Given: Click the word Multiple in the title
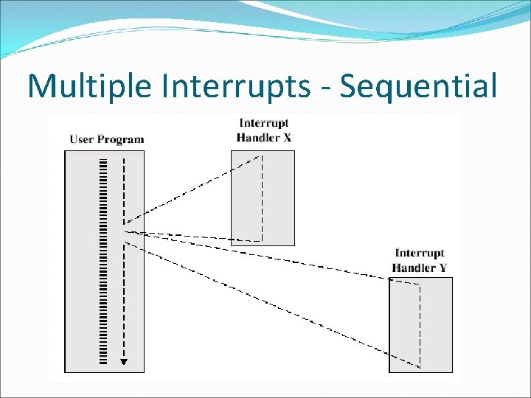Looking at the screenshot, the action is pyautogui.click(x=80, y=86).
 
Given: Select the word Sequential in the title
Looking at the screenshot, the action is pyautogui.click(x=420, y=86).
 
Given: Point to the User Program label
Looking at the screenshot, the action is pyautogui.click(x=107, y=139).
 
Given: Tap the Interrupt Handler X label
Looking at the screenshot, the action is pyautogui.click(x=263, y=130).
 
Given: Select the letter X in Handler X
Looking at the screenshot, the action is pyautogui.click(x=287, y=137).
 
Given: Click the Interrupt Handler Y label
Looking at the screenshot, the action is pyautogui.click(x=420, y=260).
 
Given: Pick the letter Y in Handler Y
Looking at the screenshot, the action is pyautogui.click(x=443, y=268).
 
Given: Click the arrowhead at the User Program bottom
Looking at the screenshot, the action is pyautogui.click(x=124, y=361).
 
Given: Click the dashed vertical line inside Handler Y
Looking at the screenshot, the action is pyautogui.click(x=420, y=324).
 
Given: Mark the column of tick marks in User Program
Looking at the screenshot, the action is pyautogui.click(x=103, y=258).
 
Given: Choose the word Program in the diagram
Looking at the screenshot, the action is pyautogui.click(x=122, y=139).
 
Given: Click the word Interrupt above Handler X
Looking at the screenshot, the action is pyautogui.click(x=263, y=123).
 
